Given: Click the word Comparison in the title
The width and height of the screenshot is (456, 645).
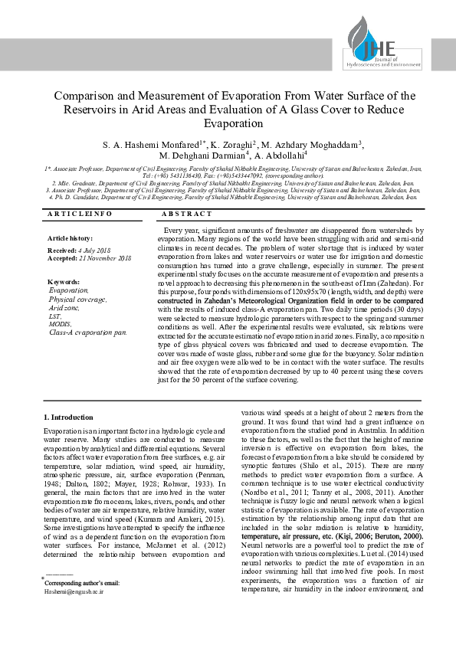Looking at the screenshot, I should (85, 97).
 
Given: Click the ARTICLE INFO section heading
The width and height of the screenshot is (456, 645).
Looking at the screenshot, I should (80, 214).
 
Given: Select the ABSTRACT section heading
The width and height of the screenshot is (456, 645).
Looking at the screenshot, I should (188, 214).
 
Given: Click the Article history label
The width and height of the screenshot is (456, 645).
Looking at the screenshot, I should (70, 239).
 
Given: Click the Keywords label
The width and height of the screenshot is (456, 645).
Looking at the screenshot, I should (64, 282).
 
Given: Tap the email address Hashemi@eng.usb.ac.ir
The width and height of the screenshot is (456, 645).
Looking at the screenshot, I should (74, 592).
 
